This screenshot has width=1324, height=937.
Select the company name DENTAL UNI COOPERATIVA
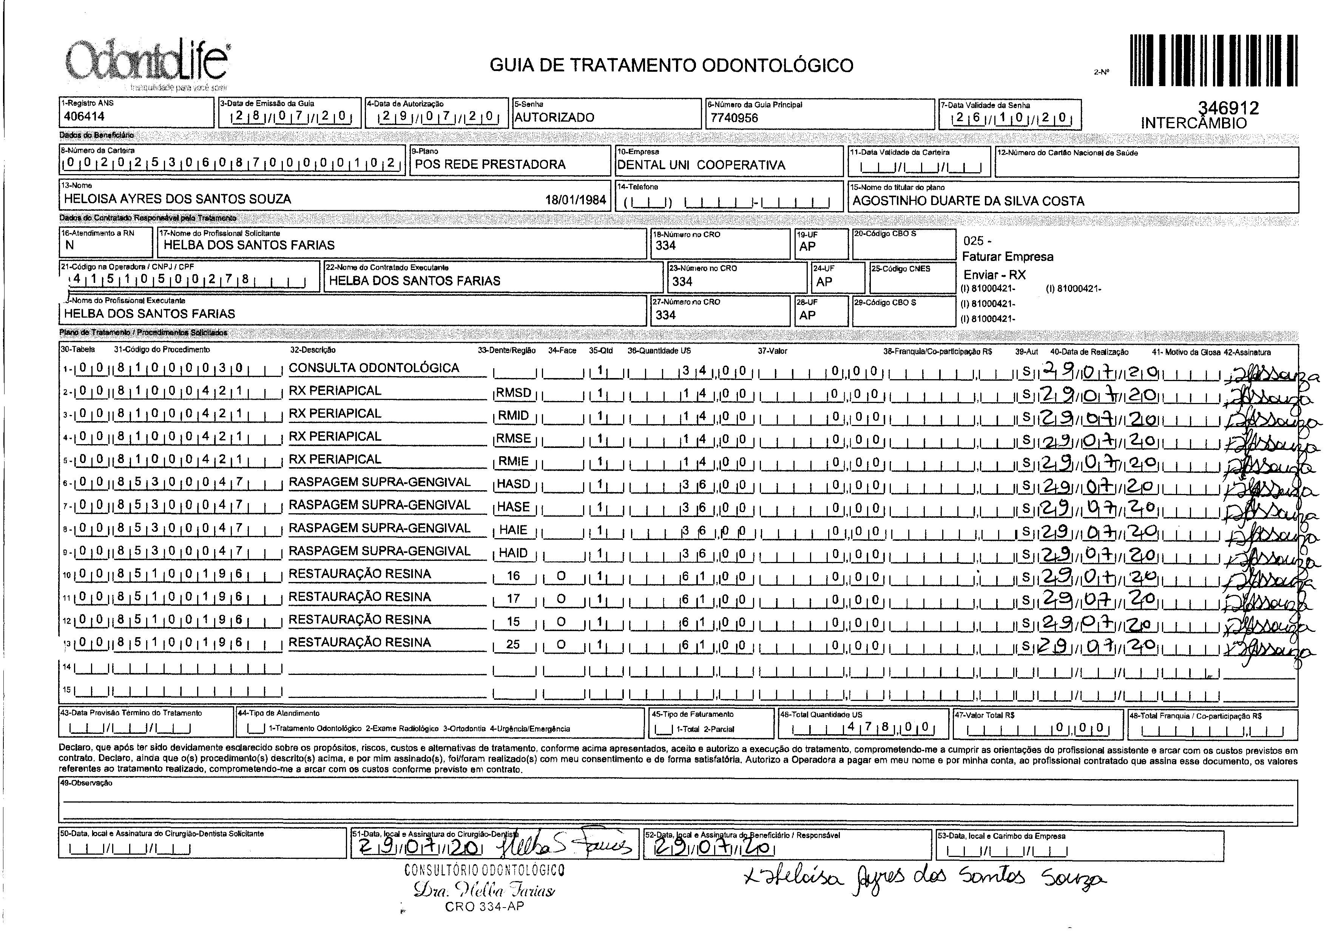(701, 165)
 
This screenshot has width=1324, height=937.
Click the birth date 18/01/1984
(575, 200)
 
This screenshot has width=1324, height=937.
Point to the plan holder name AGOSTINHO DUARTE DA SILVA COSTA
(968, 201)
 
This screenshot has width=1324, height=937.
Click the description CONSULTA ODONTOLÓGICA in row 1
(374, 368)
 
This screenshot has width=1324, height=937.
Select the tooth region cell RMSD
(514, 393)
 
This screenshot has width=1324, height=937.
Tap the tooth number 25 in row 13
(513, 644)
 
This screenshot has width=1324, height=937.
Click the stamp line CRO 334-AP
(485, 906)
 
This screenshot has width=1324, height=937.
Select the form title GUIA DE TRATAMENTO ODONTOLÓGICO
(671, 65)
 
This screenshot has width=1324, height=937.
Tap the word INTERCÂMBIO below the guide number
(1194, 123)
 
